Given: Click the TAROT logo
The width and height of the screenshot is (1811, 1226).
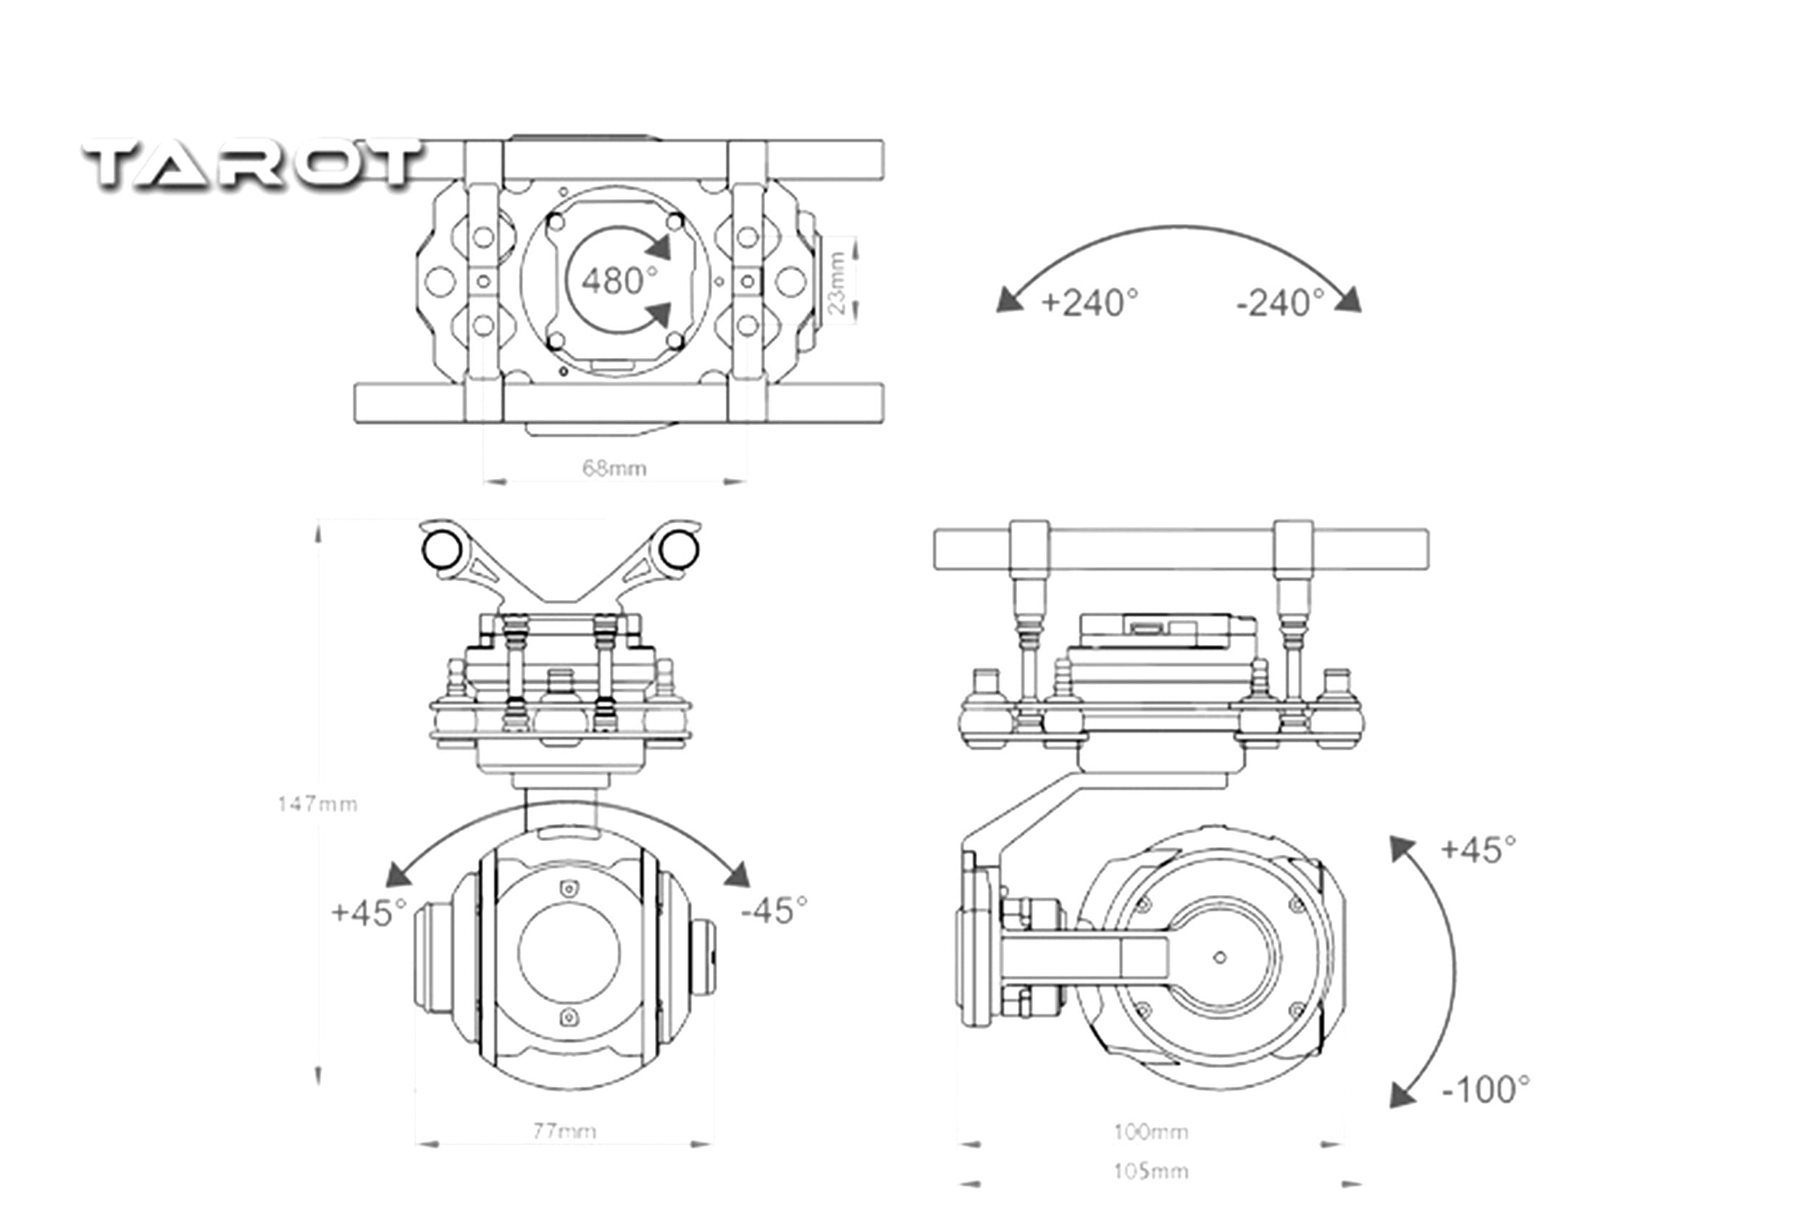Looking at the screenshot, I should [254, 164].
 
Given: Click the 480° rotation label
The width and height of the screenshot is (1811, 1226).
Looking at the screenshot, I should [619, 280].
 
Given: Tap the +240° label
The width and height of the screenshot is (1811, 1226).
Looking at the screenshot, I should [1089, 302].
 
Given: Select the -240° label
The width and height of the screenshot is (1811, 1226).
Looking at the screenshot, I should [1279, 302].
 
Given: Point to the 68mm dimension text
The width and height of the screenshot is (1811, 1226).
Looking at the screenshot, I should [614, 468].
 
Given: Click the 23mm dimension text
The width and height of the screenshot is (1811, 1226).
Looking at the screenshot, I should [837, 281].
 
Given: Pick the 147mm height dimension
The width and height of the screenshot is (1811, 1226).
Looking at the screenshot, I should [317, 804].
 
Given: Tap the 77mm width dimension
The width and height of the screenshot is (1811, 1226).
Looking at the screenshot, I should [564, 1130].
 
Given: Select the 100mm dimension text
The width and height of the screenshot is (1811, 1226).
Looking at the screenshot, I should [1150, 1132].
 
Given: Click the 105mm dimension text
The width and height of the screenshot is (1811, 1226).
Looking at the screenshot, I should [1150, 1171].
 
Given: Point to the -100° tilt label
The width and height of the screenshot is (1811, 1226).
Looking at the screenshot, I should [1485, 1090].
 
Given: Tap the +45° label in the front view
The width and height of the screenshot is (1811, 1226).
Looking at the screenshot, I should [369, 912].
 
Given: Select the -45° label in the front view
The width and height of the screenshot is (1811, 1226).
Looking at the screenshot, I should [774, 909].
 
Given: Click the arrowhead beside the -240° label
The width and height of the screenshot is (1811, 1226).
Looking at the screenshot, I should [1349, 300].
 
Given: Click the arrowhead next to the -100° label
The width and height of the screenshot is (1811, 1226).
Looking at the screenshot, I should [1403, 1095].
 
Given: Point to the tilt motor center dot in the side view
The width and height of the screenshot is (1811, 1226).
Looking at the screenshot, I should [1220, 958].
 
